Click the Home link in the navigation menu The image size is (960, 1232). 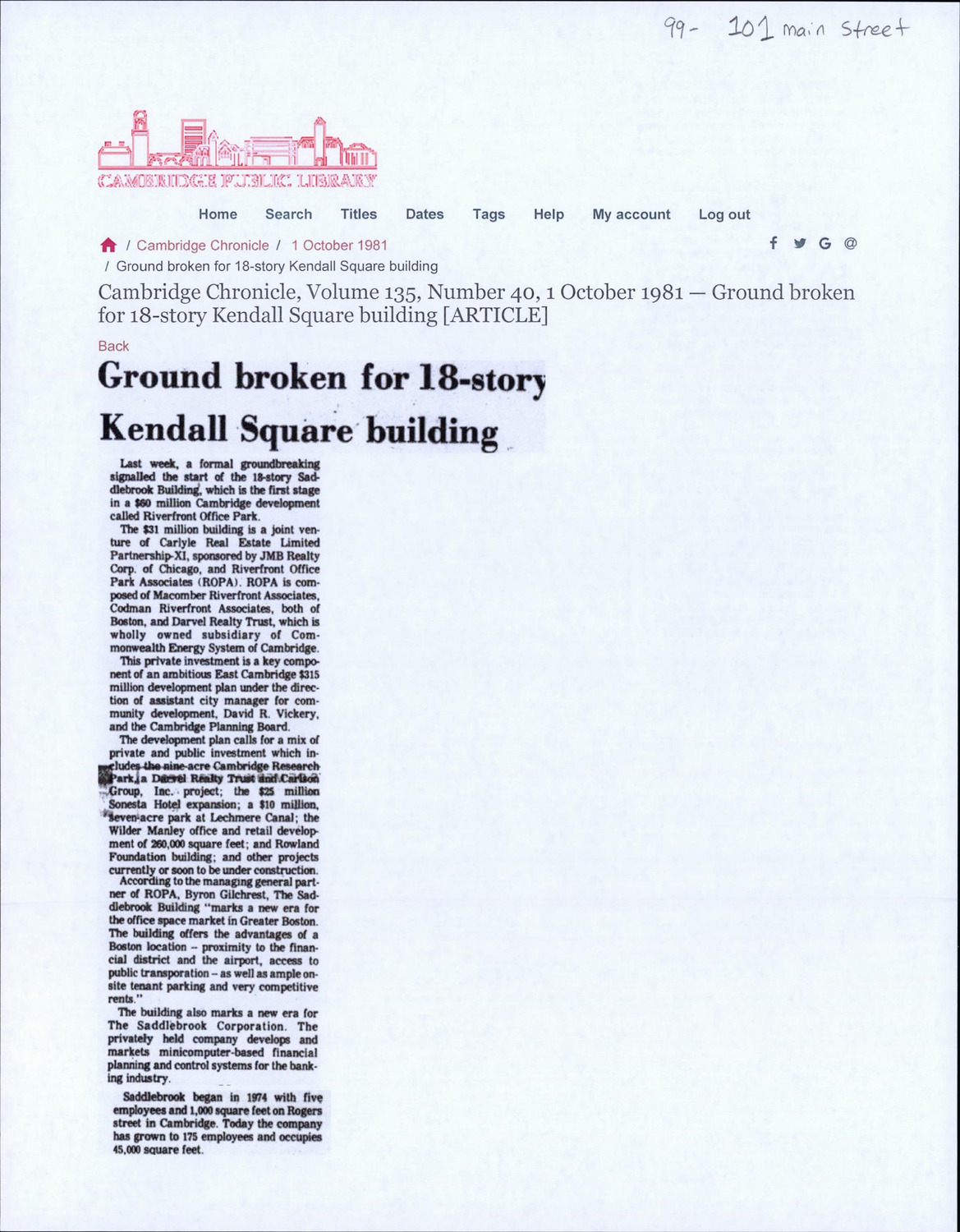(218, 214)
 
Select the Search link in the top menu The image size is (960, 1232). (288, 214)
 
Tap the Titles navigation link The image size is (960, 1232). (359, 214)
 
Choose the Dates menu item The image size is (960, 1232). (425, 214)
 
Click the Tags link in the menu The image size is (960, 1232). (489, 214)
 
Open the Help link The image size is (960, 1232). (549, 214)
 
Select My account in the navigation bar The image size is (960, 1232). (632, 214)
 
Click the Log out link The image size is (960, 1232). (724, 214)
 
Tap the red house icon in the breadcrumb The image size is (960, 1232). (108, 245)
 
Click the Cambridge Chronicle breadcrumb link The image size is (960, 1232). (203, 245)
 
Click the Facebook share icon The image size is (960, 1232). (774, 242)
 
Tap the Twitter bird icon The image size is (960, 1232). (799, 243)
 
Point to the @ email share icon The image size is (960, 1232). (851, 243)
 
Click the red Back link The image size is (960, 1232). (113, 346)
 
